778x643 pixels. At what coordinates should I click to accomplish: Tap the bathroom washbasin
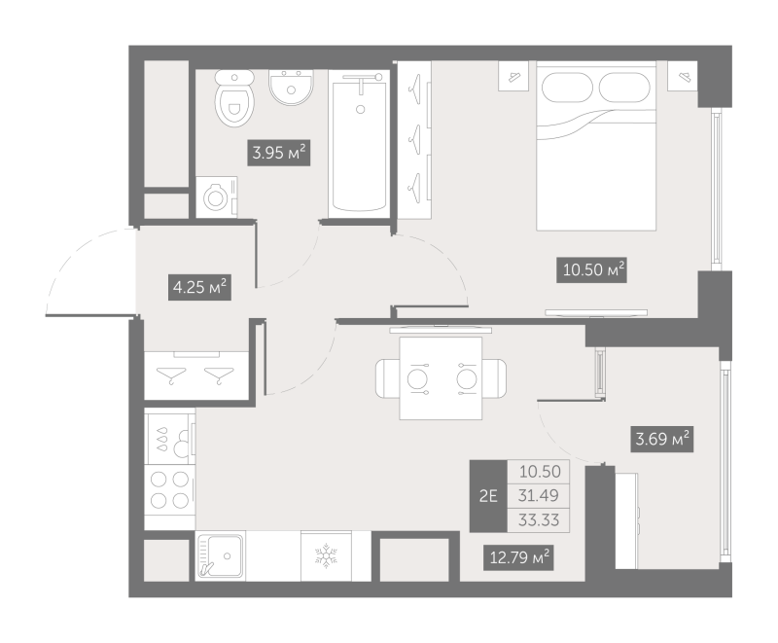point(291,87)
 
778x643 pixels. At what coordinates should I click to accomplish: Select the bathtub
point(359,145)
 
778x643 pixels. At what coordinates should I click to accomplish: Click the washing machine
point(216,197)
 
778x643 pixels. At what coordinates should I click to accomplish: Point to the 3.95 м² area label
point(278,153)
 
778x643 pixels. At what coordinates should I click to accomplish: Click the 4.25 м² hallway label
point(200,287)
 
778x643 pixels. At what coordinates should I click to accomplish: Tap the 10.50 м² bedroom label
point(591,269)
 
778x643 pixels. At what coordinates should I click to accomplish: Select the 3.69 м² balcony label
point(662,439)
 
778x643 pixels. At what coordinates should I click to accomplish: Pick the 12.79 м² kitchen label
point(519,557)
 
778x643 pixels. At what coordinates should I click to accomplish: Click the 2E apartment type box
point(488,496)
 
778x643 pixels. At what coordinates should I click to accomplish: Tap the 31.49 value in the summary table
point(539,495)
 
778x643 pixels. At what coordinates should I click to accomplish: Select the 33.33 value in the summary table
point(539,520)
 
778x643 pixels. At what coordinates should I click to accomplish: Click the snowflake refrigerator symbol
point(326,555)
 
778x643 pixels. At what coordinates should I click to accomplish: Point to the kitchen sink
point(220,555)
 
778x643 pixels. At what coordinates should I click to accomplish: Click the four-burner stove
point(169,490)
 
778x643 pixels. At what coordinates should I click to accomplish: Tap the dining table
point(442,378)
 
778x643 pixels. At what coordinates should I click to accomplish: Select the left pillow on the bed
point(567,88)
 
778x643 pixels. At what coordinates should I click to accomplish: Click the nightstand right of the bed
point(683,76)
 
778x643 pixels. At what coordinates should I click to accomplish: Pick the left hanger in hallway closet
point(171,375)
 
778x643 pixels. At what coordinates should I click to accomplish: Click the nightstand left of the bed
point(513,76)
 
